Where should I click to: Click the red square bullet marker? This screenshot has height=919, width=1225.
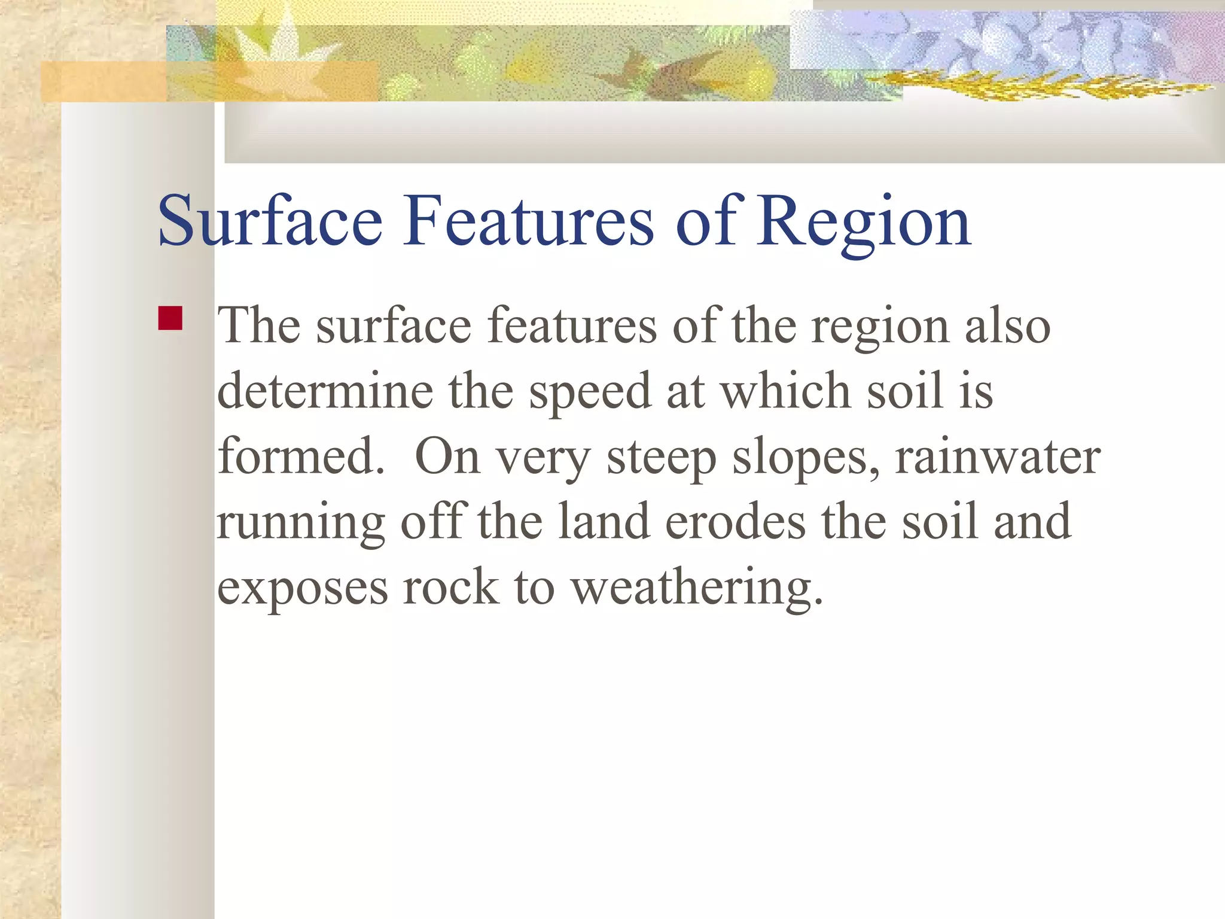[x=170, y=318]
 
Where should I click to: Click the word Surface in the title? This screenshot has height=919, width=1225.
[x=270, y=221]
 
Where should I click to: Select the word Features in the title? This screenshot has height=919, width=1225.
[x=529, y=221]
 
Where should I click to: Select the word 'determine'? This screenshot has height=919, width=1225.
[x=325, y=391]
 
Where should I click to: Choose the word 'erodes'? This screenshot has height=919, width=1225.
[x=735, y=522]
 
